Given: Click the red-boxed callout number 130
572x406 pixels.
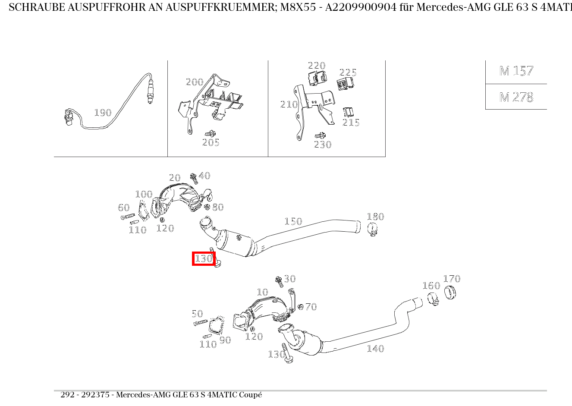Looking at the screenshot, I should pos(203,258).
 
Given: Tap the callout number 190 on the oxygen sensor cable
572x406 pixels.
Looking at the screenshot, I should pos(103,113).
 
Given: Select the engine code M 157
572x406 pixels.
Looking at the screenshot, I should pos(516,71).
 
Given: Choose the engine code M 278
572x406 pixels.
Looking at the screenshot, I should pos(516,97).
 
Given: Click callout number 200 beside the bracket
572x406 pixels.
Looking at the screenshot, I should pos(194,82).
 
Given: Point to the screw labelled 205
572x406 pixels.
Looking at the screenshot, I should pos(211,134).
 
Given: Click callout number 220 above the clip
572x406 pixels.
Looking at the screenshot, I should pos(316,66).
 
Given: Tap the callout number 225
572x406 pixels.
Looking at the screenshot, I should pos(348,72).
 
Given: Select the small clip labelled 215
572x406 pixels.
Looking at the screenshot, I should pos(348,113).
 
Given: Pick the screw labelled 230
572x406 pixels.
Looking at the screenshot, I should pos(320,136).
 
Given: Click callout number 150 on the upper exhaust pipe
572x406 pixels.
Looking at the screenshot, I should pos(293,221).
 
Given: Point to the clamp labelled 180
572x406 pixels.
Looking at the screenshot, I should pos(373,229).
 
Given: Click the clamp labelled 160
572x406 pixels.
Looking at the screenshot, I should pos(433,299).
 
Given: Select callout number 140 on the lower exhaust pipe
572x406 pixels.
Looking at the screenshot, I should pos(375,349).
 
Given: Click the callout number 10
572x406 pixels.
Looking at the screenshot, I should pos(262,292).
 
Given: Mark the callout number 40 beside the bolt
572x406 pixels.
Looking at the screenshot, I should pos(204,176).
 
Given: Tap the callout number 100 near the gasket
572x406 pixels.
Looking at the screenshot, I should pos(144,194).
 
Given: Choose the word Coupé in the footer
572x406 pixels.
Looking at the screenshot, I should pos(250,395).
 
